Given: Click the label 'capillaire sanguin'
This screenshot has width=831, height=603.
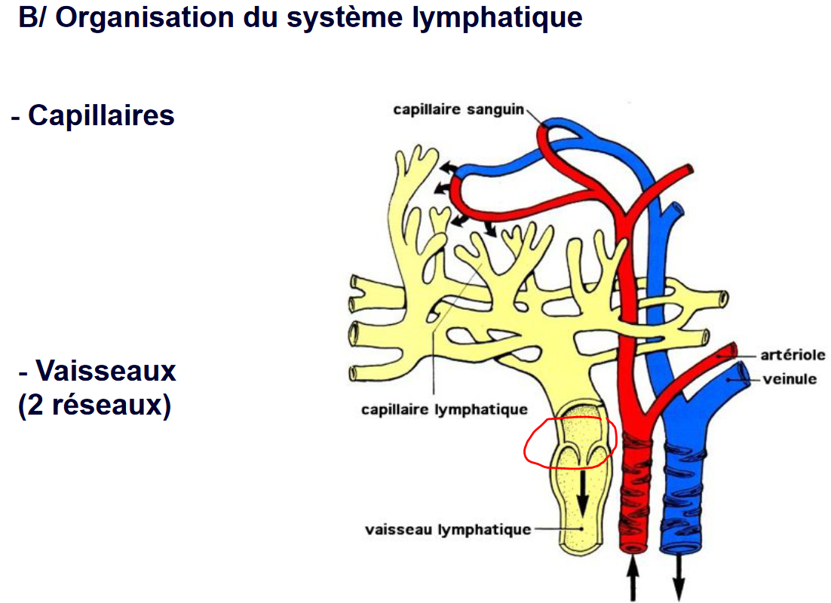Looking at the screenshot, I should point(458,110).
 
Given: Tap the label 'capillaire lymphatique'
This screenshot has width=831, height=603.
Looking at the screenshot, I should point(443,410).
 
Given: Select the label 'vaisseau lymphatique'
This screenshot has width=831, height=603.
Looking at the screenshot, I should point(448,530).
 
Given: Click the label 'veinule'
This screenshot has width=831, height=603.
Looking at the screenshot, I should point(789,378).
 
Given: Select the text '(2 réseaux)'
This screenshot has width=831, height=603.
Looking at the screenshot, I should point(94,406).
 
